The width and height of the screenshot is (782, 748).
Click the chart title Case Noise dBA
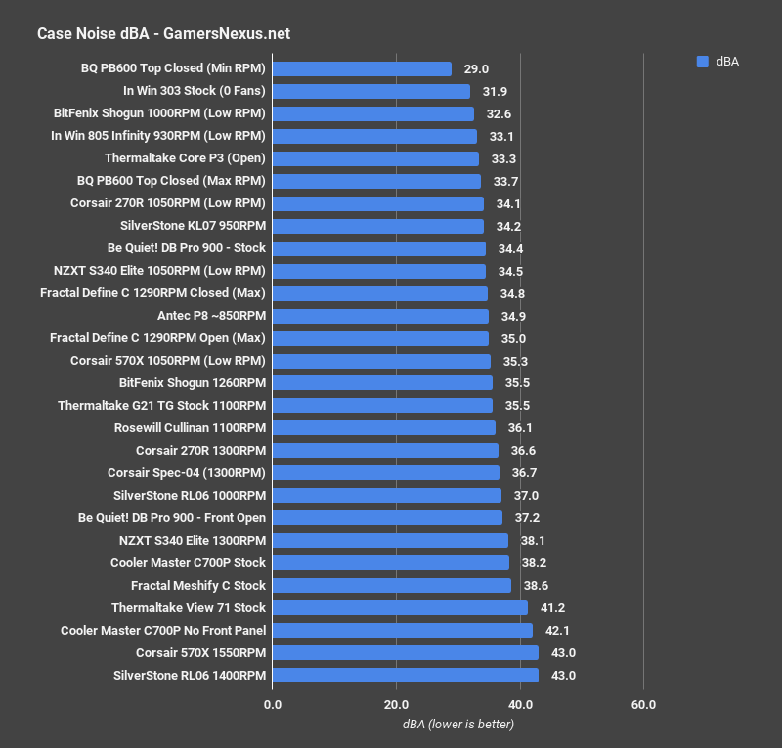(162, 34)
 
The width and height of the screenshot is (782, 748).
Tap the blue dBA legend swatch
(702, 61)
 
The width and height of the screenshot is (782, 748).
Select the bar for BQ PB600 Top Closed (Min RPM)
(362, 68)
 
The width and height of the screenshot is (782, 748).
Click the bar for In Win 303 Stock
(370, 91)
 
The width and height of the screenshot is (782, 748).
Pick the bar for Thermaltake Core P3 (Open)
(375, 158)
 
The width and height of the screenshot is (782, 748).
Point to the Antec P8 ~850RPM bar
(380, 316)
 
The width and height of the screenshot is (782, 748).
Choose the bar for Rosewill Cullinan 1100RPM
(384, 428)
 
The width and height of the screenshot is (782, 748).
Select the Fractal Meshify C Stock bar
(391, 586)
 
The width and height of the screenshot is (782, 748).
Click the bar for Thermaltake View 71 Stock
(400, 608)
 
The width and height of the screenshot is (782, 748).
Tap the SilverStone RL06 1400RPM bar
(405, 676)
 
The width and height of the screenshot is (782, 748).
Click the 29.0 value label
(476, 68)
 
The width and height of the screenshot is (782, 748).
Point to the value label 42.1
(557, 631)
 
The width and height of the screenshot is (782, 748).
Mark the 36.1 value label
(520, 428)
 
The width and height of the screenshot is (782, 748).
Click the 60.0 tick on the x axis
(643, 704)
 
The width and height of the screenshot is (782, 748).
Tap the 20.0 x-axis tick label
(396, 704)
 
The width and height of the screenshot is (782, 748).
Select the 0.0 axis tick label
(273, 704)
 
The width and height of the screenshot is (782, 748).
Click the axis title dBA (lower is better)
(457, 725)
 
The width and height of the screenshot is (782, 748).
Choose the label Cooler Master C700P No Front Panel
(162, 631)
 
